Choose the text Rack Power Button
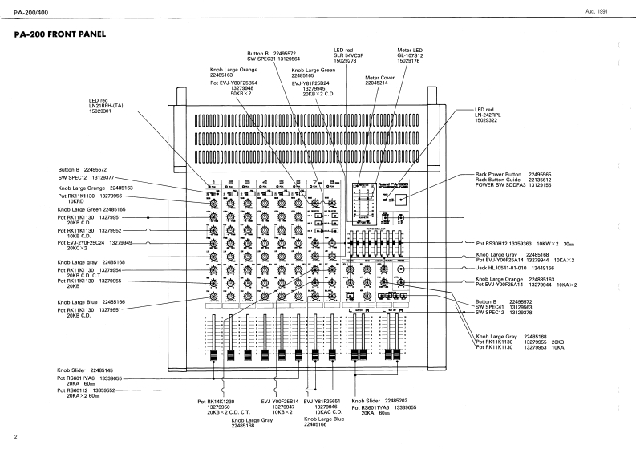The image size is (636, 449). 501,174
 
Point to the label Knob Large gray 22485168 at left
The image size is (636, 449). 91,262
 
